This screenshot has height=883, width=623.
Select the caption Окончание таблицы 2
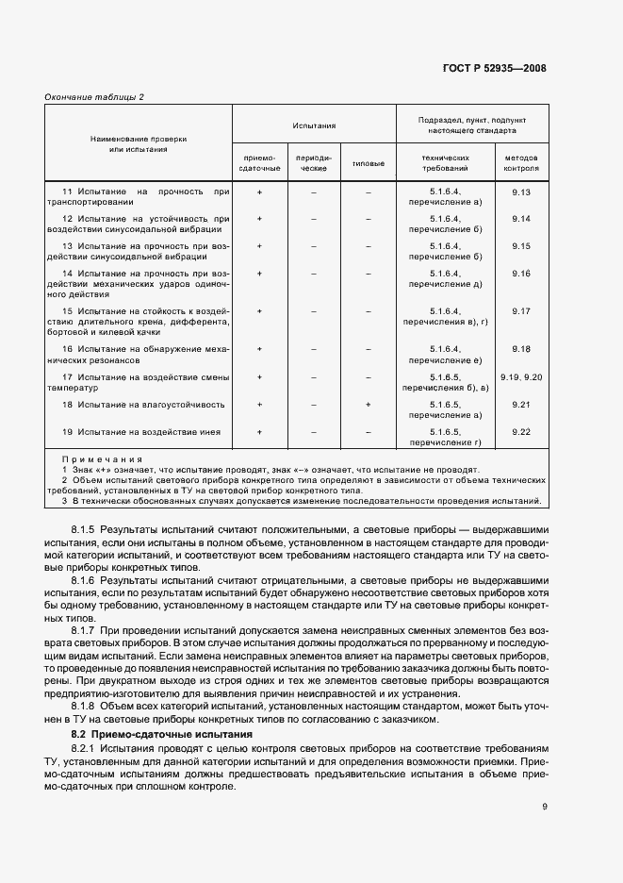click(x=94, y=97)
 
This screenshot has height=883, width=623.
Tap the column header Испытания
click(x=314, y=125)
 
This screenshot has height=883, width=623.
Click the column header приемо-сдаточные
click(x=260, y=163)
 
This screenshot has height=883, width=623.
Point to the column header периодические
click(x=313, y=163)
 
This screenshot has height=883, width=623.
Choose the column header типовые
click(x=368, y=163)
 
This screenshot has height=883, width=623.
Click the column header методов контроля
click(x=521, y=163)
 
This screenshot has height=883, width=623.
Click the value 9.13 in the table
click(x=521, y=192)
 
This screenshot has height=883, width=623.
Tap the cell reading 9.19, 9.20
click(x=521, y=377)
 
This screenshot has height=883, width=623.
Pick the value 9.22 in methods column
click(x=521, y=431)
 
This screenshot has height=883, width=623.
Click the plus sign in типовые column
click(x=368, y=405)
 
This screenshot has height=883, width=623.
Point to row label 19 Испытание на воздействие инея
click(x=141, y=431)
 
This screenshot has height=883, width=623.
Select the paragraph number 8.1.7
click(x=85, y=627)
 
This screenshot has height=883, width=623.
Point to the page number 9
click(x=544, y=806)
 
